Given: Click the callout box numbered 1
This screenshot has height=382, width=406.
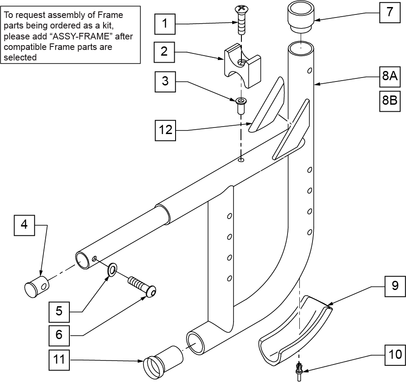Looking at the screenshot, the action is (x=165, y=24).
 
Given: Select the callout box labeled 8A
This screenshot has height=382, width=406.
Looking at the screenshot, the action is (x=390, y=77).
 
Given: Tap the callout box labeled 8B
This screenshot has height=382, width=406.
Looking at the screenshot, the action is (x=390, y=101).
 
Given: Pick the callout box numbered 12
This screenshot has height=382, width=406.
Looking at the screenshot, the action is (x=165, y=130).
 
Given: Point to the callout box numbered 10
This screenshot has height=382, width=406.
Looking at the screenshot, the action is (x=395, y=355).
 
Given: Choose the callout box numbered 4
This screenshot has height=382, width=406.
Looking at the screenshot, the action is (x=24, y=225).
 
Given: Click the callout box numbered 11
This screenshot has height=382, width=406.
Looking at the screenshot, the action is (x=59, y=360).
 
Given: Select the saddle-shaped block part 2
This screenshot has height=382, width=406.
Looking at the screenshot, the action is (x=242, y=65).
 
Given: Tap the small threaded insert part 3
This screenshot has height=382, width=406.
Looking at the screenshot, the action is (x=241, y=106).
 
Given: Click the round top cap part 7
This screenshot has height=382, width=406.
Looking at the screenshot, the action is (x=301, y=18).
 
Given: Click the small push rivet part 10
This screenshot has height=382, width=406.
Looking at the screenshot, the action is (x=299, y=371).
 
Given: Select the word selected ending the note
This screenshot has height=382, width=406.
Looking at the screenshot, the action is (x=20, y=57).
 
